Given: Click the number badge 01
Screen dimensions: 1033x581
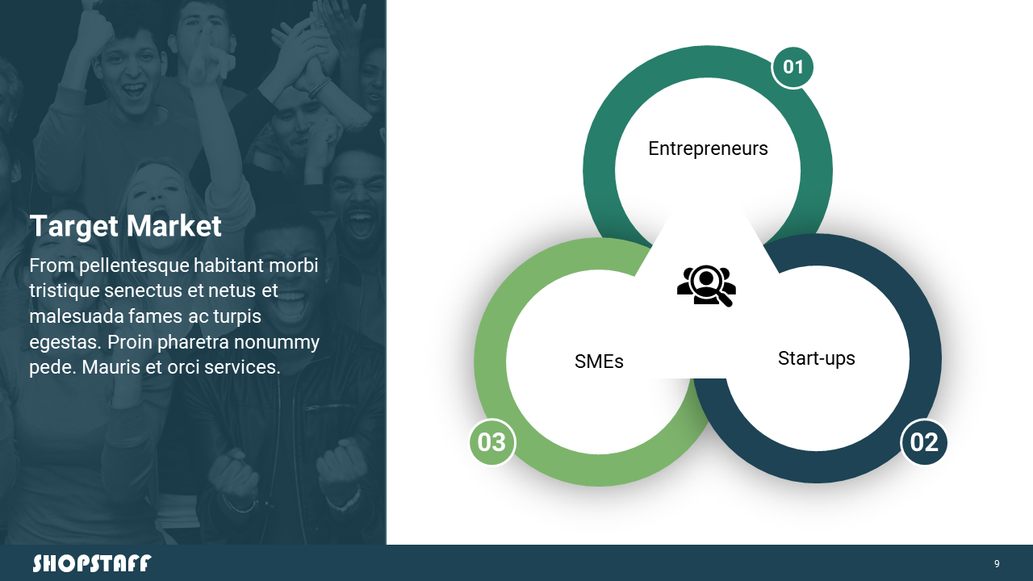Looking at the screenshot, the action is (793, 67).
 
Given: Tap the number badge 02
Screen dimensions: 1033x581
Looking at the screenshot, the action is (924, 442).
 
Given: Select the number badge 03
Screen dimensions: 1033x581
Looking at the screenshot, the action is (492, 442).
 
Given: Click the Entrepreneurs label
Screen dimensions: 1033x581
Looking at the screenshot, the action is (708, 149).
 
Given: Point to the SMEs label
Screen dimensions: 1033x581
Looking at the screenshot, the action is (599, 362).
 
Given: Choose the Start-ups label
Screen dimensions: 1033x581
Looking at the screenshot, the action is (816, 359).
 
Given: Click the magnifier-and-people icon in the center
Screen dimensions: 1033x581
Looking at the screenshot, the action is (706, 286).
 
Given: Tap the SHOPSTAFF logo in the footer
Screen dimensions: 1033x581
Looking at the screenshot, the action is (92, 563).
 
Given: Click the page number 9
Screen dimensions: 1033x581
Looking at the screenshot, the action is (997, 564).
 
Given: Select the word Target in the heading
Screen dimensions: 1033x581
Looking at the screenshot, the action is (74, 227).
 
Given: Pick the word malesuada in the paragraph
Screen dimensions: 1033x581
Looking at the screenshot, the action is (76, 317).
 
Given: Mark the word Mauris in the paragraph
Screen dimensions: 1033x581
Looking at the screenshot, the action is (111, 368).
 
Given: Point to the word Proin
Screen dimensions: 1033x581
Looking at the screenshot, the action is (131, 343).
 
